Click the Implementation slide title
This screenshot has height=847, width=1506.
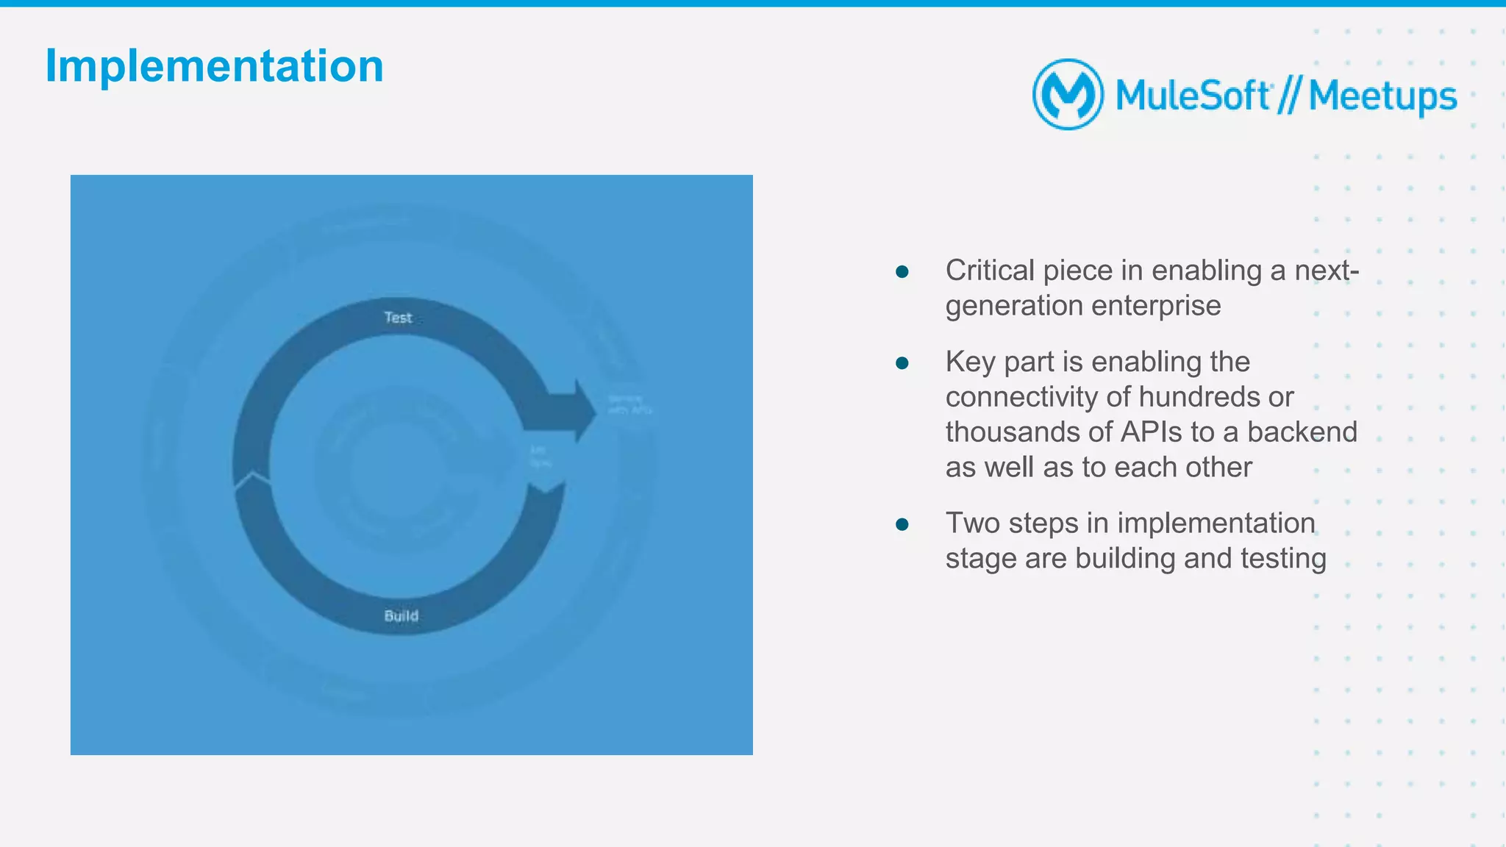click(x=214, y=66)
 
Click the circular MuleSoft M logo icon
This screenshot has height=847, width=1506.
click(x=1068, y=94)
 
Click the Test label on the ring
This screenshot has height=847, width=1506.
click(x=398, y=318)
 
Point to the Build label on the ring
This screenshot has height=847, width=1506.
click(x=401, y=616)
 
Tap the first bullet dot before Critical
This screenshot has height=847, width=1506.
click(x=902, y=272)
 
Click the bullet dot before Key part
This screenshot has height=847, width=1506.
click(x=902, y=363)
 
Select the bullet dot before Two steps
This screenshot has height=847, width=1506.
click(x=902, y=525)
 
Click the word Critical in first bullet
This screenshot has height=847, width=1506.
click(x=990, y=271)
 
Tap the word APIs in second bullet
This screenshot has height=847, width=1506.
click(x=1152, y=432)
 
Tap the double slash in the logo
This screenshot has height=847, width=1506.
click(x=1289, y=96)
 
